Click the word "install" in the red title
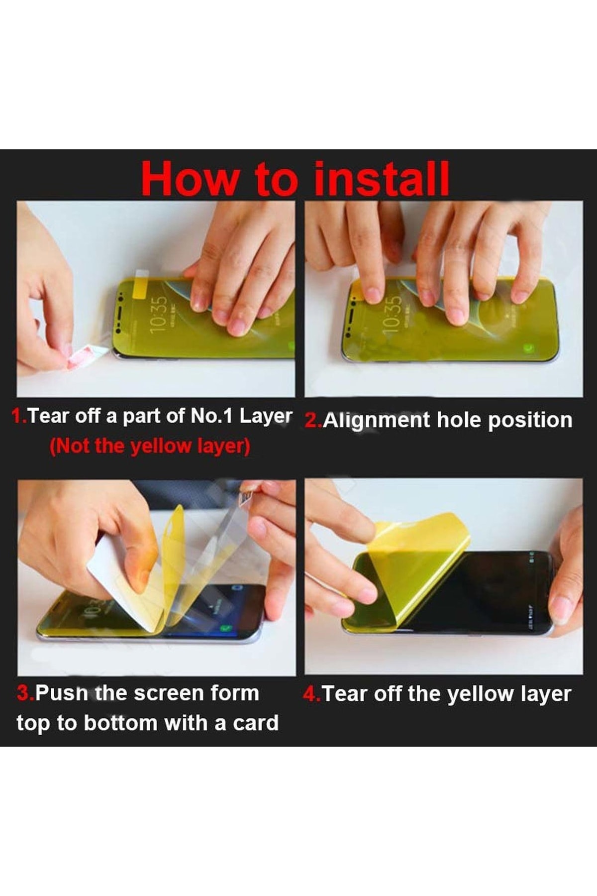382,178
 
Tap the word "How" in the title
189,179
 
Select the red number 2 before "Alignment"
312,421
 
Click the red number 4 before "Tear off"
310,694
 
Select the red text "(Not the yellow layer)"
150,446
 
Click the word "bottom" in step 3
120,723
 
